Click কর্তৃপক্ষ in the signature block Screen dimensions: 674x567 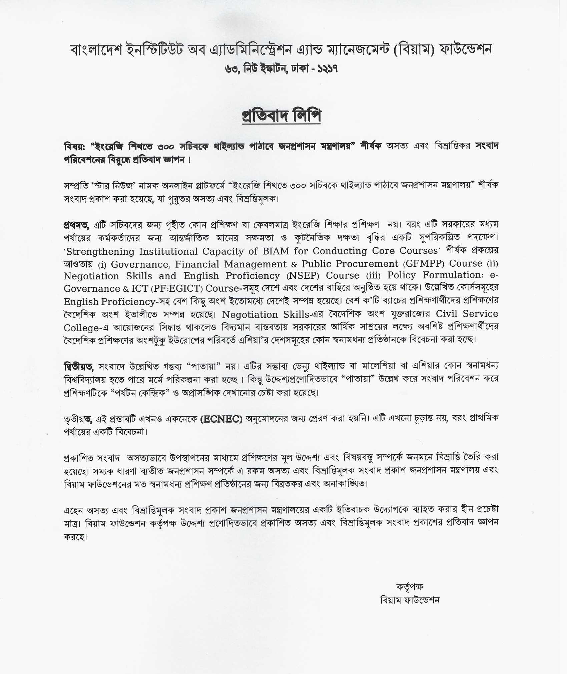409,587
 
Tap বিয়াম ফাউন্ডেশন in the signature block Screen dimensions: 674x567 409,600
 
